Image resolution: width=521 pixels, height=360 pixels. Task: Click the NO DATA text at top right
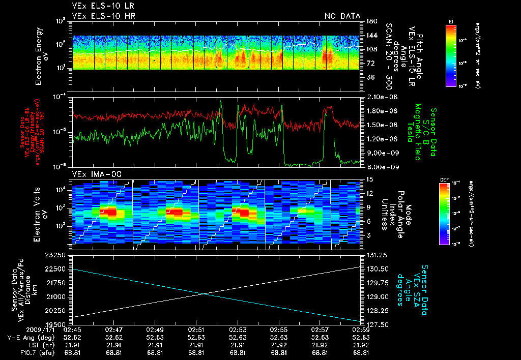point(342,16)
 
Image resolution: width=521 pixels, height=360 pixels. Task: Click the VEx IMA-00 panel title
point(93,174)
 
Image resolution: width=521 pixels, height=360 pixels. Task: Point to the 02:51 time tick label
point(196,329)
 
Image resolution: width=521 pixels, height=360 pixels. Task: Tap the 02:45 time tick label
point(72,329)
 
